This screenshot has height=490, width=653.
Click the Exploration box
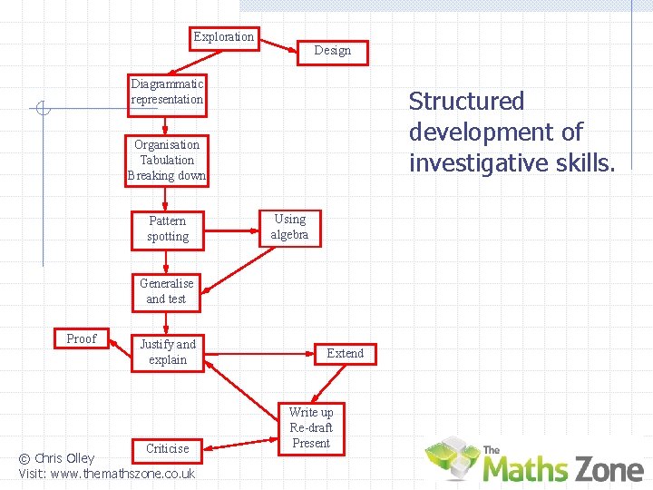[224, 37]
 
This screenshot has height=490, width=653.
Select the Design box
[332, 51]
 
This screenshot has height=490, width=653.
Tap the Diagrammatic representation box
[167, 93]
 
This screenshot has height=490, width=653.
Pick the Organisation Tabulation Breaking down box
[167, 161]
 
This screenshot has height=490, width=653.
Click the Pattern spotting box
[168, 229]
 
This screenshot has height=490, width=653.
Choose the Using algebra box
[290, 227]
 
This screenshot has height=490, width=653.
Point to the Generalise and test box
[166, 291]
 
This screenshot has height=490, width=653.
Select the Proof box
[82, 338]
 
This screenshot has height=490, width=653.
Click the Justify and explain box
[168, 352]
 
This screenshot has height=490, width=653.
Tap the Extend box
[345, 353]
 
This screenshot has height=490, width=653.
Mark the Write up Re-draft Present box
[311, 427]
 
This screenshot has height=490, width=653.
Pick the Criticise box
[168, 448]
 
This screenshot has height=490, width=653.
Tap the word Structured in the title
[466, 101]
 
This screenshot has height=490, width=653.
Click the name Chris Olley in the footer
[64, 458]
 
